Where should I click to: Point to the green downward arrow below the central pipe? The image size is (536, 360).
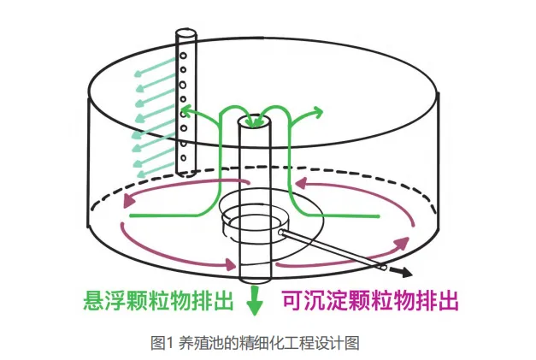pyautogui.click(x=253, y=302)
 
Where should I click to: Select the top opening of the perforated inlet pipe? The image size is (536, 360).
pyautogui.click(x=186, y=34)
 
